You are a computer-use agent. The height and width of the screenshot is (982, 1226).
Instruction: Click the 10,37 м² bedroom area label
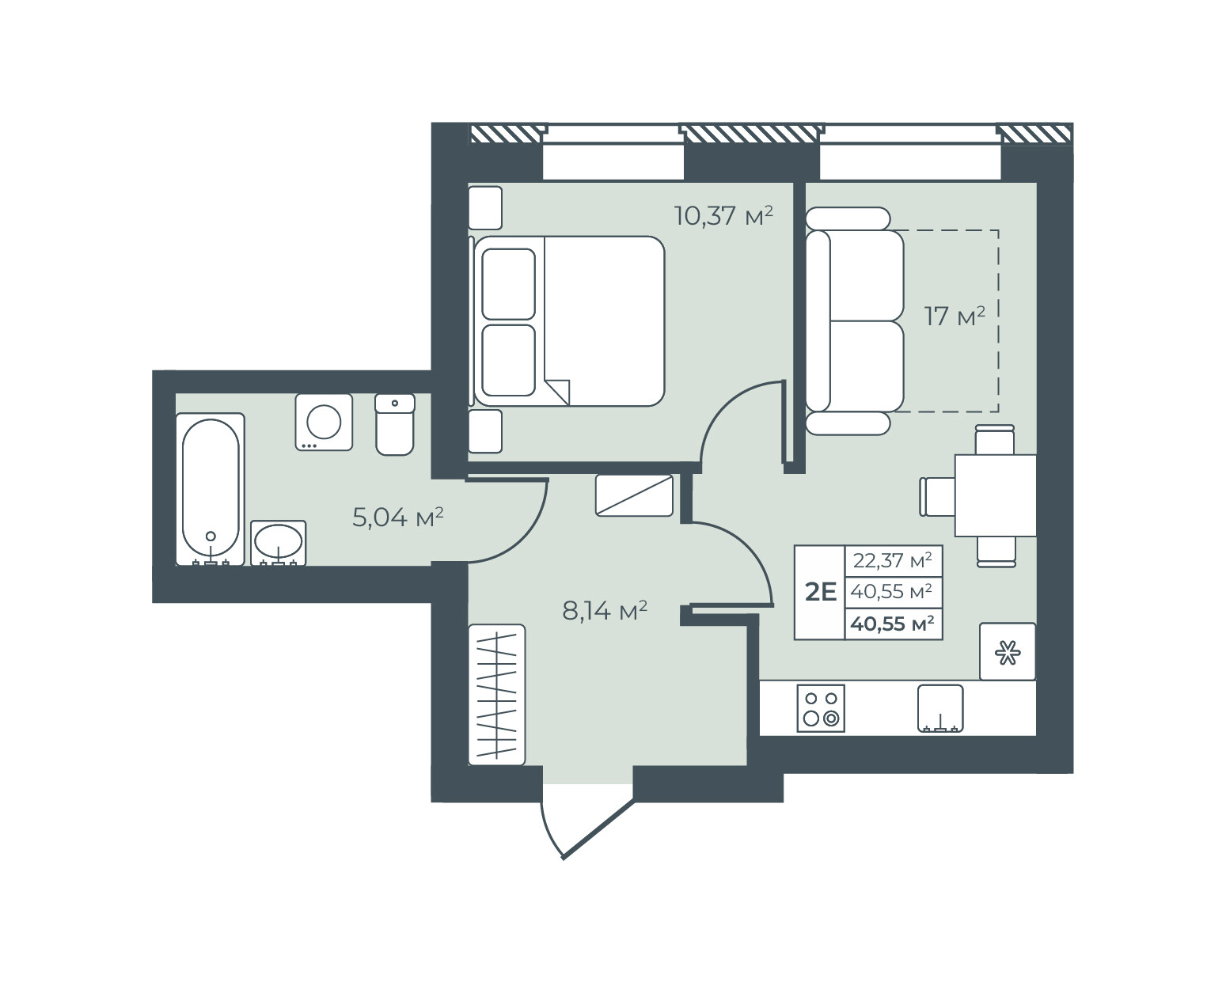[x=723, y=216]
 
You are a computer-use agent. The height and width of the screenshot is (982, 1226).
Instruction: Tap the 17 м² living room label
[x=955, y=317]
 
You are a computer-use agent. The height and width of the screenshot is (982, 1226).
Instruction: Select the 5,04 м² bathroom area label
[x=397, y=518]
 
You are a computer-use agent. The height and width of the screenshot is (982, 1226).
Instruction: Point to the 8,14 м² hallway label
[x=605, y=611]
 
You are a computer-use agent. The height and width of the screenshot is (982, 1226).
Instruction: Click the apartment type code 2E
[x=821, y=593]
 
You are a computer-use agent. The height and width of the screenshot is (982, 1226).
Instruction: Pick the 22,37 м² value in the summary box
[x=892, y=561]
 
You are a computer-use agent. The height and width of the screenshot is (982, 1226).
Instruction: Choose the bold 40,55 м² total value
[x=892, y=624]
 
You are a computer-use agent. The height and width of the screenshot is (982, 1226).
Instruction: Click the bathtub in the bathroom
[x=211, y=489]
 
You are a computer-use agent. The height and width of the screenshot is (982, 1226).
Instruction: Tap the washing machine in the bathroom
[x=324, y=422]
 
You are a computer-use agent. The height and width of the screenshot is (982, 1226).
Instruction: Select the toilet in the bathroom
[x=395, y=424]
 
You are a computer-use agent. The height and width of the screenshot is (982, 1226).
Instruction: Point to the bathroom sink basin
[x=278, y=542]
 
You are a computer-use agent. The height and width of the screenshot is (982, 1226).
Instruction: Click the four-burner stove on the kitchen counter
[x=821, y=708]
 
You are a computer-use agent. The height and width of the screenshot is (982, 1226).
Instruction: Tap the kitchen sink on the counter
[x=940, y=708]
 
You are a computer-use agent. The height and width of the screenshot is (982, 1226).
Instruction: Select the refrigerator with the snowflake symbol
[x=1008, y=651]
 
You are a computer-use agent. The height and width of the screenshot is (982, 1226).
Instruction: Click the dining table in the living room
[x=995, y=495]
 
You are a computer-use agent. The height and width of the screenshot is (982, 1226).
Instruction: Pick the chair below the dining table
[x=996, y=552]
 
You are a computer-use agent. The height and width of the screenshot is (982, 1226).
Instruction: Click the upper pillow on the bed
[x=508, y=283]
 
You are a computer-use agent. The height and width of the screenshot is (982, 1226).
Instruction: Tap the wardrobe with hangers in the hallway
[x=497, y=695]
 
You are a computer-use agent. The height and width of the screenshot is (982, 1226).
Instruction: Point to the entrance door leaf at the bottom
[x=598, y=828]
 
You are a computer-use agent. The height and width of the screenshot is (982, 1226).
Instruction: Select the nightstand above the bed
[x=485, y=208]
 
